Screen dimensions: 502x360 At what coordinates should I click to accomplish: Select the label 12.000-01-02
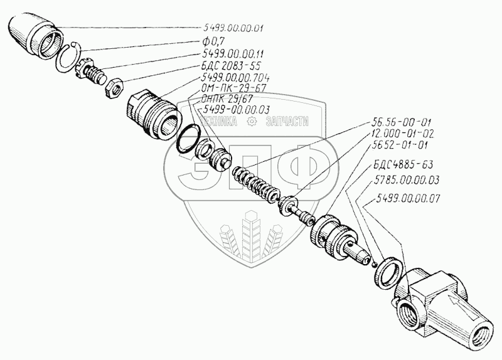401,134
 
